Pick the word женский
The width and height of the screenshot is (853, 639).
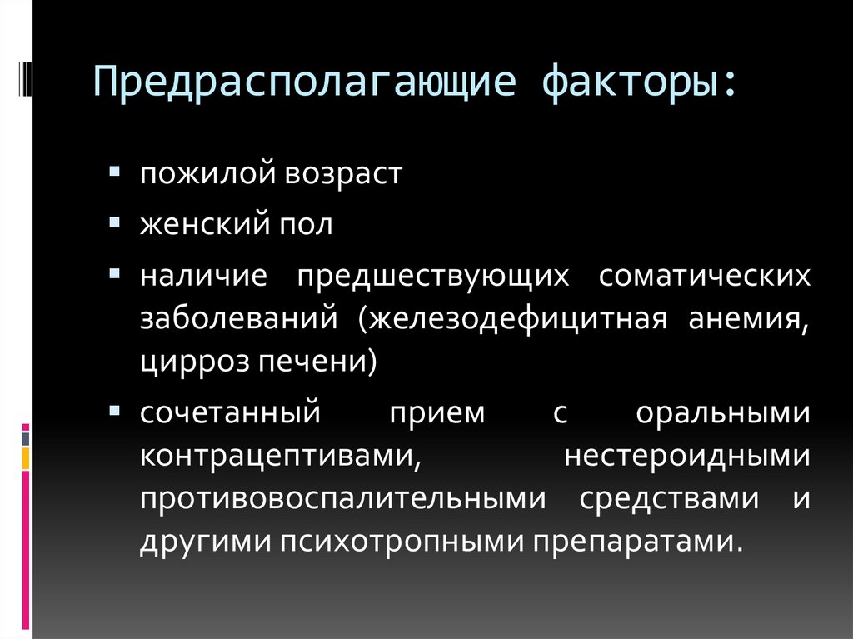click(x=201, y=225)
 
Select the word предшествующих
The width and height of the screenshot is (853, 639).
click(x=431, y=276)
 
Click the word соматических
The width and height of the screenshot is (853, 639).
click(x=704, y=276)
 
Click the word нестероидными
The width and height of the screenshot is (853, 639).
click(x=687, y=456)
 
